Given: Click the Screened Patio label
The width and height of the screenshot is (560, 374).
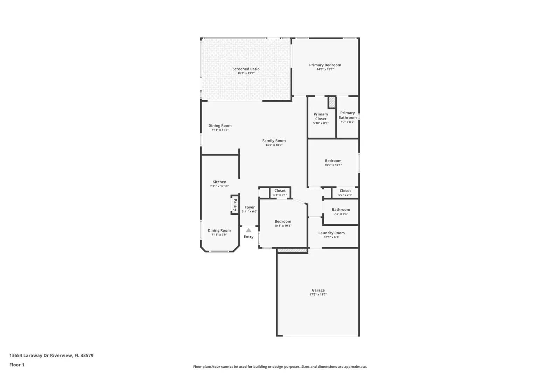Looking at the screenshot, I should click(246, 69).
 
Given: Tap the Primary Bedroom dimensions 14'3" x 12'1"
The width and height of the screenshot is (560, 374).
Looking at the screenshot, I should click(325, 69).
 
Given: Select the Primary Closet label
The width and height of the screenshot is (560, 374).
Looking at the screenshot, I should click(321, 116).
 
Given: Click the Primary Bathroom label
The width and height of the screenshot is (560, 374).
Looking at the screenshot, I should click(347, 115).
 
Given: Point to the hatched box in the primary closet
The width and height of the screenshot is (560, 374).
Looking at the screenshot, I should click(332, 102).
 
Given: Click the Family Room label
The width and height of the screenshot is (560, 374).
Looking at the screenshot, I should click(274, 141).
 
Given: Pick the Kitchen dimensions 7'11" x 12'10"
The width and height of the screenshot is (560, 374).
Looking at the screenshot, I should click(219, 186).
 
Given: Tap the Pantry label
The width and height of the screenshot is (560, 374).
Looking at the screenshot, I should click(235, 205).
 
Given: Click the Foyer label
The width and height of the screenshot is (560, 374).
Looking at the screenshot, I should click(250, 207).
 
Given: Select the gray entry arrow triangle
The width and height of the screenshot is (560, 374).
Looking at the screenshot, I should click(248, 230).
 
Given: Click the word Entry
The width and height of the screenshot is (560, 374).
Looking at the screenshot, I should click(248, 237).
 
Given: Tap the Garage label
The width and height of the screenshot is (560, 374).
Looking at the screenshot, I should click(318, 290).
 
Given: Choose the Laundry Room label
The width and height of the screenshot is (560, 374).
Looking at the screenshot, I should click(331, 233).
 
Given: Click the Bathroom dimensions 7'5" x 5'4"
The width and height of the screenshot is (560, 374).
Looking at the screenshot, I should click(341, 214).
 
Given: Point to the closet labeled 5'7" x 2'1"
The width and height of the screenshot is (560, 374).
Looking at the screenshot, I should click(345, 192).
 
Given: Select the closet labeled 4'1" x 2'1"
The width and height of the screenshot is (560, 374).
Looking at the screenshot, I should click(280, 192).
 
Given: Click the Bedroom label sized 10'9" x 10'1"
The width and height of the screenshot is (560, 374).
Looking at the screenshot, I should click(333, 161).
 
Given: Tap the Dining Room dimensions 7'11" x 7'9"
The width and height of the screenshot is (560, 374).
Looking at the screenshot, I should click(219, 234).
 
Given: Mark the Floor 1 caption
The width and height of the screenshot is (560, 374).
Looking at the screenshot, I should click(17, 365).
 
